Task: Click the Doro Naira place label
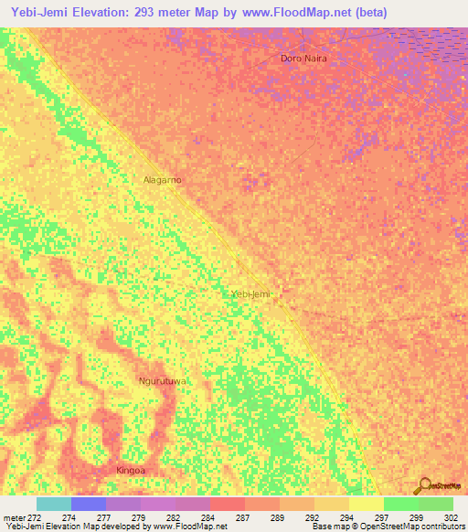[x=303, y=58]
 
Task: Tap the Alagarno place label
[x=163, y=180]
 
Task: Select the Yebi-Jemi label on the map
[x=250, y=294]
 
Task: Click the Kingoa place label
[x=131, y=470]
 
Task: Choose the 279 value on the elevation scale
[x=140, y=517]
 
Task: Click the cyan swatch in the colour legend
[x=54, y=504]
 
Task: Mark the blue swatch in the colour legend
[x=89, y=504]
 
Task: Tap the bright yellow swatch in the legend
[x=366, y=504]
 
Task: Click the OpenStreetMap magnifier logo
[x=426, y=484]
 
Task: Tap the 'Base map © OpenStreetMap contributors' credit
[x=388, y=527]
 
